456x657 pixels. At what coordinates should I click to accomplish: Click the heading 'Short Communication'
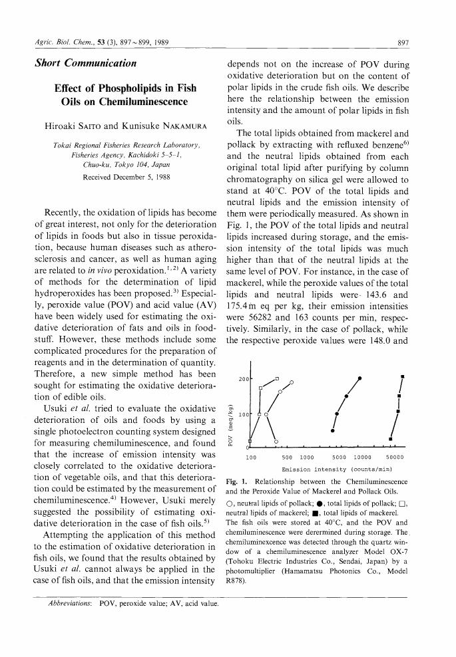click(x=85, y=64)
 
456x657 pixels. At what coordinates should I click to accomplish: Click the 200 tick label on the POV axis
click(x=244, y=378)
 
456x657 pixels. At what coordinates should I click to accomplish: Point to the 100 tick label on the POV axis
click(x=244, y=414)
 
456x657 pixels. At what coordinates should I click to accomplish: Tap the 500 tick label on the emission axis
click(x=288, y=457)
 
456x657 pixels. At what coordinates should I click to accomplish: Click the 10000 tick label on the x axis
click(x=362, y=457)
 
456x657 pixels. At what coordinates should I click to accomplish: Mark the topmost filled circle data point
click(x=359, y=378)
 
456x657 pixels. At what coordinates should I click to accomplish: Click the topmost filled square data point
click(x=403, y=377)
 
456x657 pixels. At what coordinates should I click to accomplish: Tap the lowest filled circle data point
click(x=333, y=430)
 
